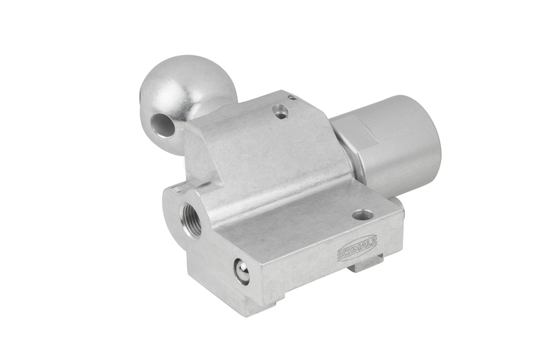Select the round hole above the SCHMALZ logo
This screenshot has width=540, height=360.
(x=360, y=216)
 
